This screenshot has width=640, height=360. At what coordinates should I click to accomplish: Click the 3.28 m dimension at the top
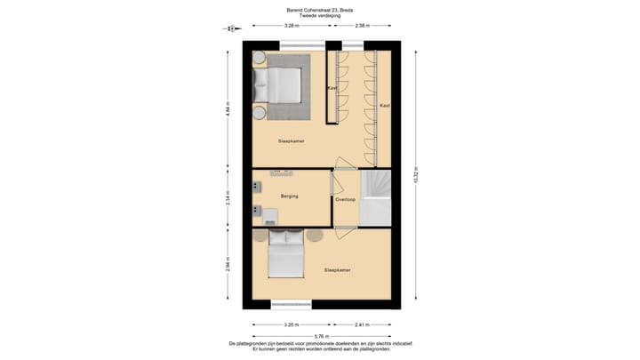tap(290, 26)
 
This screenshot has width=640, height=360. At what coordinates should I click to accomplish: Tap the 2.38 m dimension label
tap(361, 26)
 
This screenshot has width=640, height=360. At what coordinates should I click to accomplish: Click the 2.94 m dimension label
tap(228, 264)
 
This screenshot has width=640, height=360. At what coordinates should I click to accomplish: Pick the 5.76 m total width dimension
tap(320, 334)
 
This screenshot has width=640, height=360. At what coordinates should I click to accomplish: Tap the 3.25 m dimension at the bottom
tap(290, 324)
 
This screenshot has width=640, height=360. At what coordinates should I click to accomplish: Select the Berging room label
tap(289, 196)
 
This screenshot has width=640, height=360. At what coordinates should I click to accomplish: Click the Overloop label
tap(345, 199)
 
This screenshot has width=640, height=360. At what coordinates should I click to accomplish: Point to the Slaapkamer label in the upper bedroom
tap(292, 140)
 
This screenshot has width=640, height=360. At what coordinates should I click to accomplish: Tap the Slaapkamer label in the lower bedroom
tap(338, 269)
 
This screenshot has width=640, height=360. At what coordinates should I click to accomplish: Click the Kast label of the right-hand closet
tap(384, 106)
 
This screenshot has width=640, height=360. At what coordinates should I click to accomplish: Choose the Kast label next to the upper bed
tap(332, 89)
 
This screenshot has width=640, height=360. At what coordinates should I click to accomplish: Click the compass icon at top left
tap(230, 28)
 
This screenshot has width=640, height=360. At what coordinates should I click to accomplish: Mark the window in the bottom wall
tap(290, 305)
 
